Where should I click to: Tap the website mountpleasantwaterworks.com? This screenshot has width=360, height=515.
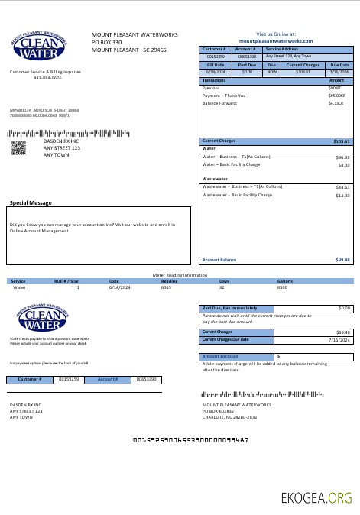click(276, 40)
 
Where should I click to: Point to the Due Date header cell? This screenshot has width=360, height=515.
click(339, 65)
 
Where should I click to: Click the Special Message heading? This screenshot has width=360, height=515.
click(31, 203)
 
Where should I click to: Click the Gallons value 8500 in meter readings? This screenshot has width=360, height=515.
click(282, 287)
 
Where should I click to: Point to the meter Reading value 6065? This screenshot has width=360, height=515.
click(165, 287)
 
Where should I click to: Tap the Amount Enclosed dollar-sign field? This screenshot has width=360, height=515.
click(313, 356)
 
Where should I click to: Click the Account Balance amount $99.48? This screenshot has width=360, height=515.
click(342, 260)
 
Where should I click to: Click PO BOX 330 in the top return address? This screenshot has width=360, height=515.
click(107, 42)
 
